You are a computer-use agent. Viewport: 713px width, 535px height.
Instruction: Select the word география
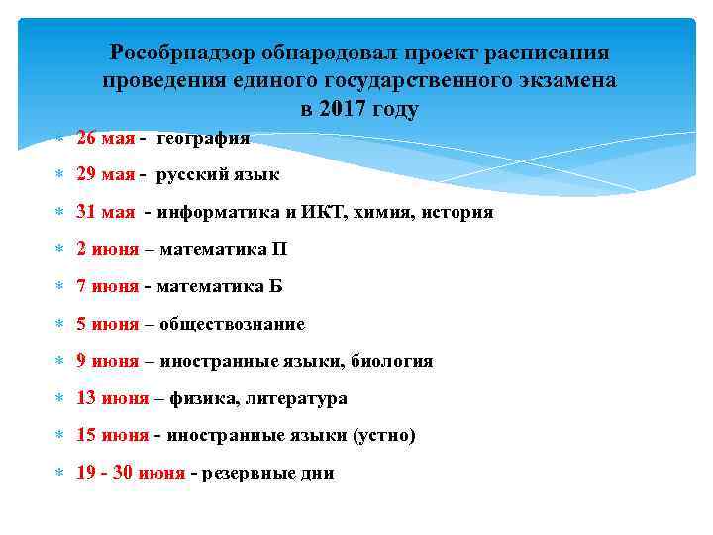pos(202,138)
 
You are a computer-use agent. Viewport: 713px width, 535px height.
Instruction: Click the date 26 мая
pos(105,138)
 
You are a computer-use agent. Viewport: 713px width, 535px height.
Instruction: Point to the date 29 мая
pos(105,175)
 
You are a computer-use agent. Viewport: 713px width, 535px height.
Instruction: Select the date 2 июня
pos(108,250)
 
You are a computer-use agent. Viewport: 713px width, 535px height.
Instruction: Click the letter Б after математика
pos(275,287)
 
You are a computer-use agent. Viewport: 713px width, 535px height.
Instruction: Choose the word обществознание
pos(232,324)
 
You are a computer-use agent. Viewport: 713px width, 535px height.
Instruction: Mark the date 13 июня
pos(112,398)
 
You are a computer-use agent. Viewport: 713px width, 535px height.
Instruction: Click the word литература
pos(296,398)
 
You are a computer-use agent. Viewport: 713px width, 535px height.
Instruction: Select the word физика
pos(201,398)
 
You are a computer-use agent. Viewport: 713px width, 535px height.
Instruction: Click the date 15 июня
pos(112,436)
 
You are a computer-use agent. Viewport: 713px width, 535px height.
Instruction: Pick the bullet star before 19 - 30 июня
pos(57,474)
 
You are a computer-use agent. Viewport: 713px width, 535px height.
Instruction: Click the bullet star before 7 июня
pos(57,287)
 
